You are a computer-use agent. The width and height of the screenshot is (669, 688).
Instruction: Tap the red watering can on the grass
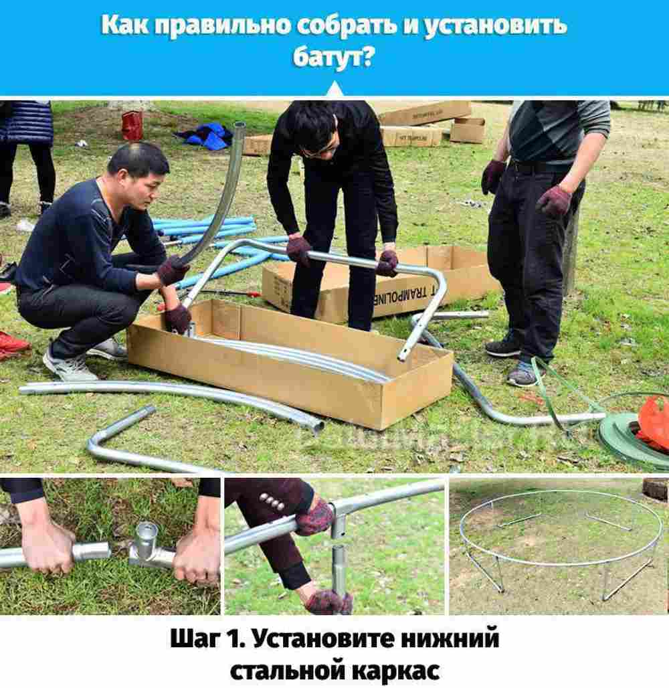(x=132, y=125)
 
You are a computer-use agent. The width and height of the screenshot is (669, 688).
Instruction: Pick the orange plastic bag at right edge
(x=654, y=422)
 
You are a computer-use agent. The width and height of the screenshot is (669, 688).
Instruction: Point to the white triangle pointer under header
(x=334, y=90)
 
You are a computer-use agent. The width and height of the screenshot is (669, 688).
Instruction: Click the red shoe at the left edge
(x=12, y=343)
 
